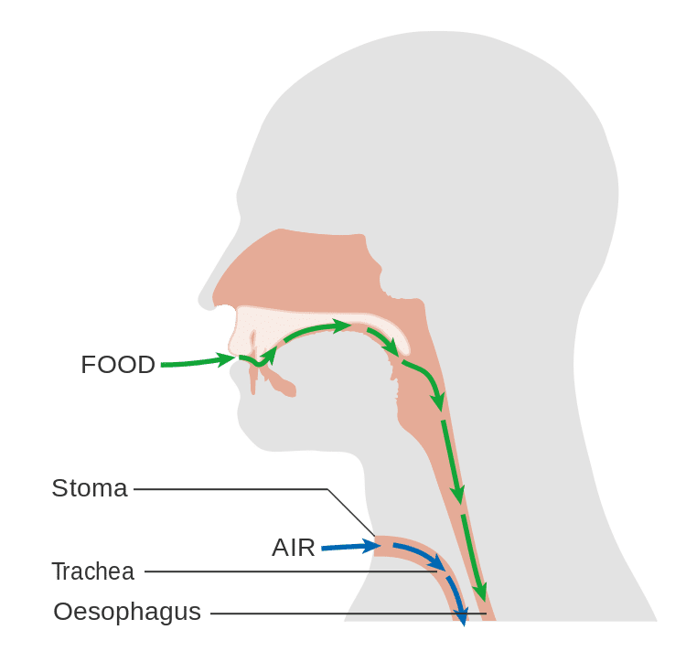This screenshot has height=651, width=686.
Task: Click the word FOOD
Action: pos(118,365)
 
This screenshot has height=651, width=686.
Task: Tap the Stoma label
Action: pos(89,487)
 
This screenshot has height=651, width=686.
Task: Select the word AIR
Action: pos(293,548)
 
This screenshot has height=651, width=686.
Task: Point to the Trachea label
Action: pos(92,571)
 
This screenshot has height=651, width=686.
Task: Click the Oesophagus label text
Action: pos(126,611)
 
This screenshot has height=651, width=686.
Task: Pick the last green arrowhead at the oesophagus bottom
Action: pos(479,592)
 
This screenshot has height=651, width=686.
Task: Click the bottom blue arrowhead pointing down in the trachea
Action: pos(463,615)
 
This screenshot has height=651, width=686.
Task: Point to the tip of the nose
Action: pos(202,298)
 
